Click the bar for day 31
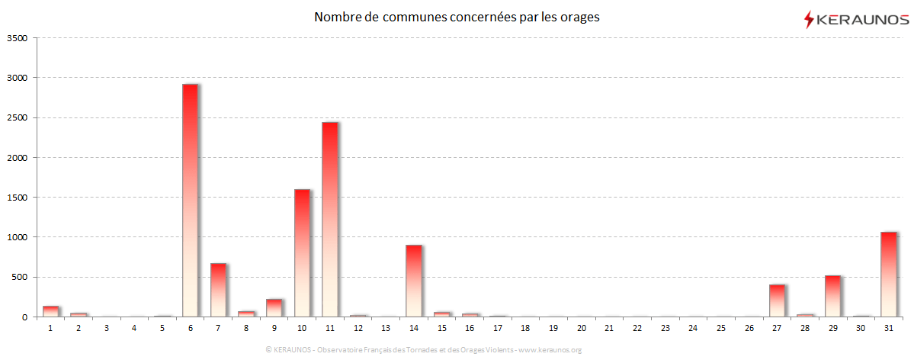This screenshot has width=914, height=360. pos(888,274)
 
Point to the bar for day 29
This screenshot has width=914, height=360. pos(832,296)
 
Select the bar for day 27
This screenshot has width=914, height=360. pos(776,301)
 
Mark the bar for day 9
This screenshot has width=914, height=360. pos(274,307)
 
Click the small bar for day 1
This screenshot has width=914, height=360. pos(50,311)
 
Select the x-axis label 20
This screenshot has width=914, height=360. pos(581,328)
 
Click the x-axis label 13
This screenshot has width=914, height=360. pos(386,328)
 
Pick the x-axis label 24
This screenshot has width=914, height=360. pos(692,328)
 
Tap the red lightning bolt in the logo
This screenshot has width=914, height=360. pos(809,19)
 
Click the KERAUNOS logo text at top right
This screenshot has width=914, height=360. pos(862,19)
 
